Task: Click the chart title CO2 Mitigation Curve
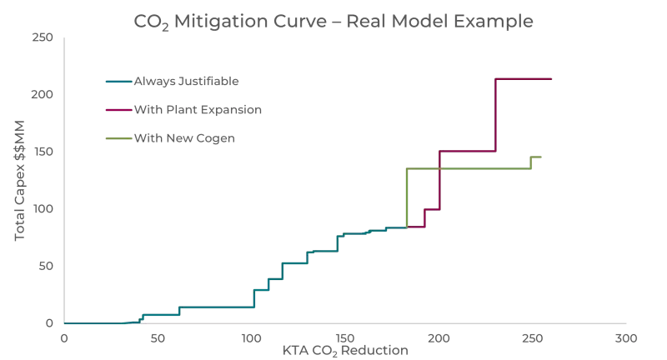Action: (333, 21)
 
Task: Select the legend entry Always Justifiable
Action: (187, 82)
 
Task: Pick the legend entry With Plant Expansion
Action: (198, 109)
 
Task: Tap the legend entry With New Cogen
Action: (183, 137)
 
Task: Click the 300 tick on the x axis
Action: (626, 338)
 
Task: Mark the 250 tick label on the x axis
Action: (533, 338)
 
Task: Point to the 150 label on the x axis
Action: (345, 338)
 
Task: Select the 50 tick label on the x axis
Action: (158, 338)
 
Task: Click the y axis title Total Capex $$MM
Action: (21, 180)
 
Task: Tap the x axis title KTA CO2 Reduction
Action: (345, 351)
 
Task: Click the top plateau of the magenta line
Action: (524, 78)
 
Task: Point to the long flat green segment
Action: (467, 168)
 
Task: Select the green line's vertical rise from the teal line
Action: (407, 198)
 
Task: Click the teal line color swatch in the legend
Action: (118, 82)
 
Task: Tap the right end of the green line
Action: (541, 157)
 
